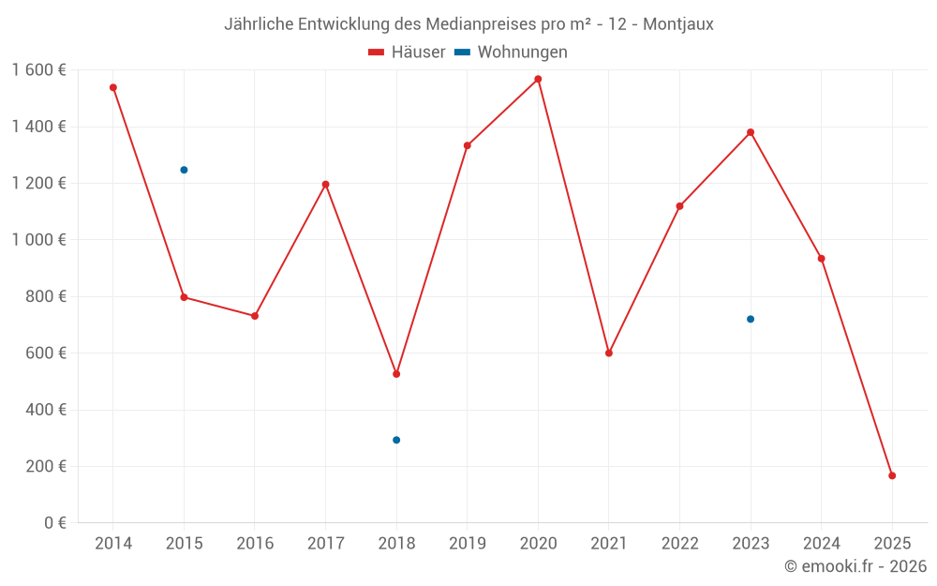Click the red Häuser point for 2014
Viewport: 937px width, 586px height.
coord(113,87)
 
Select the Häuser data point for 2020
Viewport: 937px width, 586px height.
coord(538,79)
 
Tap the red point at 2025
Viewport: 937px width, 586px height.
coord(892,475)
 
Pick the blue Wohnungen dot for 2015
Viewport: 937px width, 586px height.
coord(184,170)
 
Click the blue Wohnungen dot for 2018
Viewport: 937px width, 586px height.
coord(396,440)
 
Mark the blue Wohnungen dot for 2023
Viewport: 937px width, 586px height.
coord(751,319)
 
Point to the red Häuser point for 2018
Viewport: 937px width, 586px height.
coord(396,374)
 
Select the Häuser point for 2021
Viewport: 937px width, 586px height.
coord(609,353)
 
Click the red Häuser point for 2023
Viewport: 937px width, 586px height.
coord(751,132)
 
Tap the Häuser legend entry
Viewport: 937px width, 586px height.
coord(407,53)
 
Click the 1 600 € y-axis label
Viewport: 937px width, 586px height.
coord(38,70)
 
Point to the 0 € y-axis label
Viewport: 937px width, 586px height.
coord(54,523)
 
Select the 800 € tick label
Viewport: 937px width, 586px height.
coord(47,296)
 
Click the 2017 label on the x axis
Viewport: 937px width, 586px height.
coord(325,544)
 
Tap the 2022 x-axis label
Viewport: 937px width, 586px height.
coord(679,544)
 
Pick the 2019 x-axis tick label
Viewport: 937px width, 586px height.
coord(467,544)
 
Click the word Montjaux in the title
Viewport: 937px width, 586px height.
coord(678,24)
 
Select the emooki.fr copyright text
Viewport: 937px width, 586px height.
coord(855,566)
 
